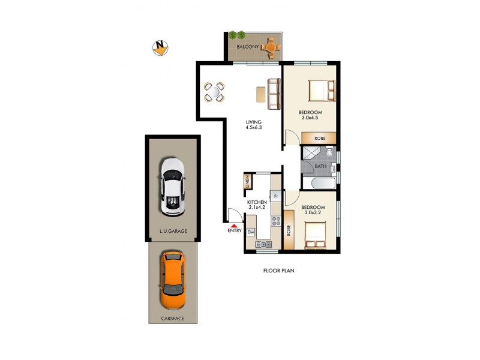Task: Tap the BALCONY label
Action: click(247, 47)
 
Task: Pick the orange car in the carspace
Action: click(173, 280)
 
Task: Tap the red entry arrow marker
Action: click(234, 225)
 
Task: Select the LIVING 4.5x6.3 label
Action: click(254, 124)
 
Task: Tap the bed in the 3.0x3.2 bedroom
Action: click(316, 235)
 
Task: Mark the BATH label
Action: click(320, 167)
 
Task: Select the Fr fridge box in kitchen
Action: click(276, 196)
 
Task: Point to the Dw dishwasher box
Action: click(251, 232)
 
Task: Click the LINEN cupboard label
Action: click(247, 182)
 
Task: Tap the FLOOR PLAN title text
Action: click(279, 271)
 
